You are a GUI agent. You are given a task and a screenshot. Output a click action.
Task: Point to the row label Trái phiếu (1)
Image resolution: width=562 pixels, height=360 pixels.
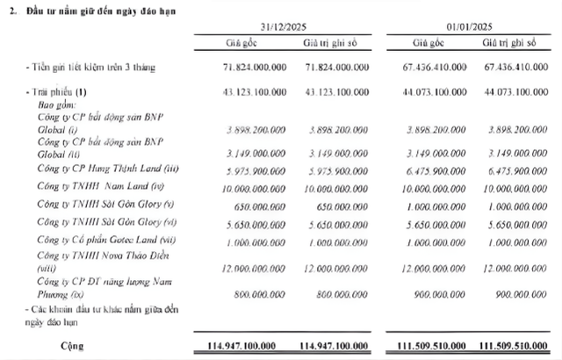(59, 92)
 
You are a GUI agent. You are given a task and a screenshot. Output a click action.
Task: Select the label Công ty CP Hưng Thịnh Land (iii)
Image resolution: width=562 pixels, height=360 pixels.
(111, 168)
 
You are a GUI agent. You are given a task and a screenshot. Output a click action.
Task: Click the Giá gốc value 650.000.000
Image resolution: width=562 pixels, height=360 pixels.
(257, 204)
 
